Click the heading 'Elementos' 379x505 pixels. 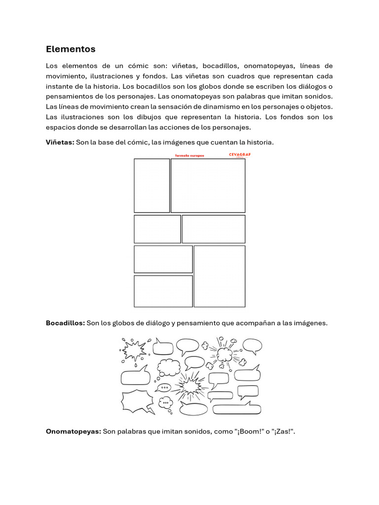click(x=71, y=49)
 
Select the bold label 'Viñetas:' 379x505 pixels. click(x=60, y=142)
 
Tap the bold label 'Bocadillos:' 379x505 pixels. click(x=65, y=323)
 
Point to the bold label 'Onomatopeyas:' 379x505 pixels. click(x=73, y=432)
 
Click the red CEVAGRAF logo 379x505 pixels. click(x=240, y=155)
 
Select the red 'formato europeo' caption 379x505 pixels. click(x=189, y=155)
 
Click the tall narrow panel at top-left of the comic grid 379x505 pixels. click(x=152, y=185)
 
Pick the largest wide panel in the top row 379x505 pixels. click(x=208, y=185)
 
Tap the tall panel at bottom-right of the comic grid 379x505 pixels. click(x=219, y=276)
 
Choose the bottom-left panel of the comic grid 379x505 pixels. click(x=163, y=291)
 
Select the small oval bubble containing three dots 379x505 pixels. click(x=164, y=388)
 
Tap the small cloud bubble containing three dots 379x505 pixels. click(x=166, y=402)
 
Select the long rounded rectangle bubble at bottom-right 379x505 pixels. click(x=236, y=409)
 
